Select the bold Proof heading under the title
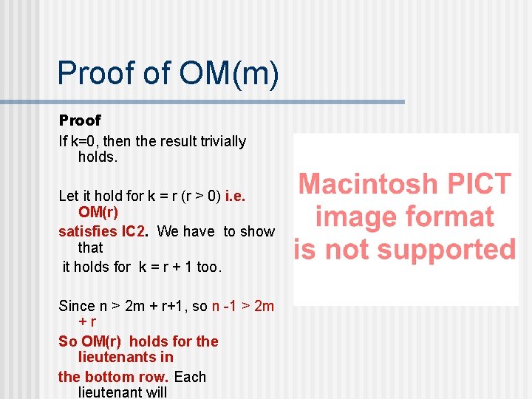[80, 120]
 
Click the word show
[258, 231]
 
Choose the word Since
[77, 306]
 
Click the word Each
[190, 376]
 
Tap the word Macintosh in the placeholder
[366, 183]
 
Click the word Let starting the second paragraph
[69, 196]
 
